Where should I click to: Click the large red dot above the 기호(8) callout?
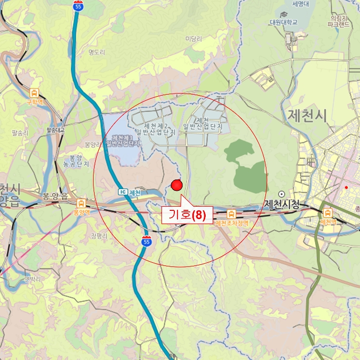[x=177, y=185]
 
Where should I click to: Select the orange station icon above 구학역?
[x=34, y=93]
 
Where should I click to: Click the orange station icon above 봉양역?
[x=81, y=203]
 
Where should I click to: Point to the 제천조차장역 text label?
[x=231, y=223]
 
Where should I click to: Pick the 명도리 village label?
[x=97, y=52]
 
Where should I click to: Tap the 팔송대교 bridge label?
[x=55, y=130]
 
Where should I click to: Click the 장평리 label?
[x=98, y=236]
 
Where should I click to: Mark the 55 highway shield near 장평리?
[x=147, y=241]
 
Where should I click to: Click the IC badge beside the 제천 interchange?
[x=122, y=192]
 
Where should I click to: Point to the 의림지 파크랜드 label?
[x=340, y=20]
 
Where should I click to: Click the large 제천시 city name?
[x=307, y=115]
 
